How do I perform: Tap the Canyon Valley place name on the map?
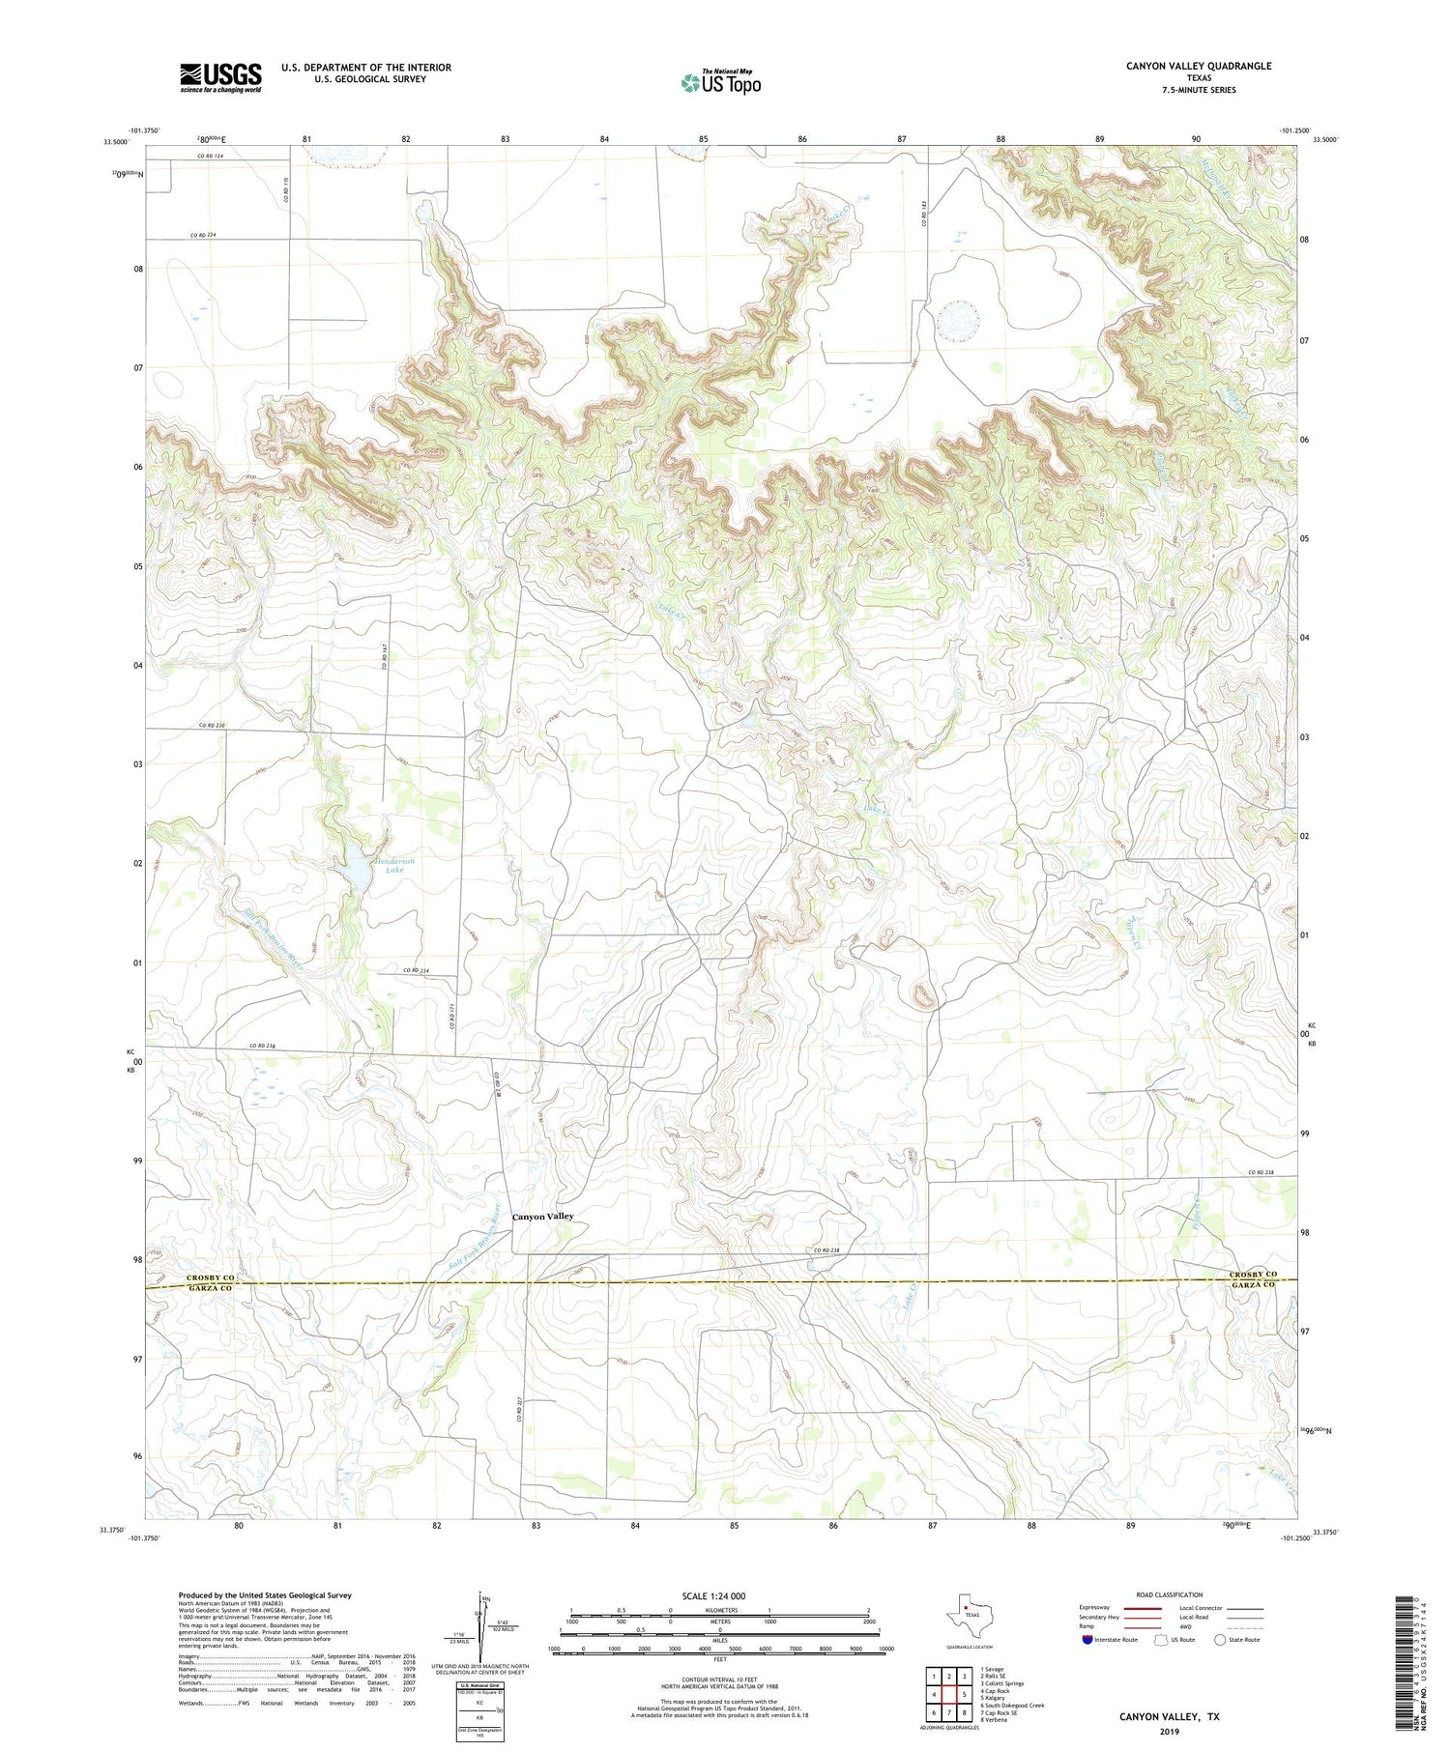coord(542,1217)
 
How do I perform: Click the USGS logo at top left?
coord(220,77)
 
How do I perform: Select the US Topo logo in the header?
coord(720,82)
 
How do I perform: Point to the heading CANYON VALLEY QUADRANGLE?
coord(1198,66)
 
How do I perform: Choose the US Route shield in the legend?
coord(1160,1639)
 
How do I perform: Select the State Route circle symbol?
coord(1220,1639)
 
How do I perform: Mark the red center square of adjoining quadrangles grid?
coord(949,1694)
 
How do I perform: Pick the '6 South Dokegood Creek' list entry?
coord(1012,1706)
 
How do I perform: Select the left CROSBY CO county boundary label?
coord(210,1278)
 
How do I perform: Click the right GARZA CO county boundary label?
coord(1252,1286)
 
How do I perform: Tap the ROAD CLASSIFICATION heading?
coord(1170,1594)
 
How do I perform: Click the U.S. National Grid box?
coord(480,1710)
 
